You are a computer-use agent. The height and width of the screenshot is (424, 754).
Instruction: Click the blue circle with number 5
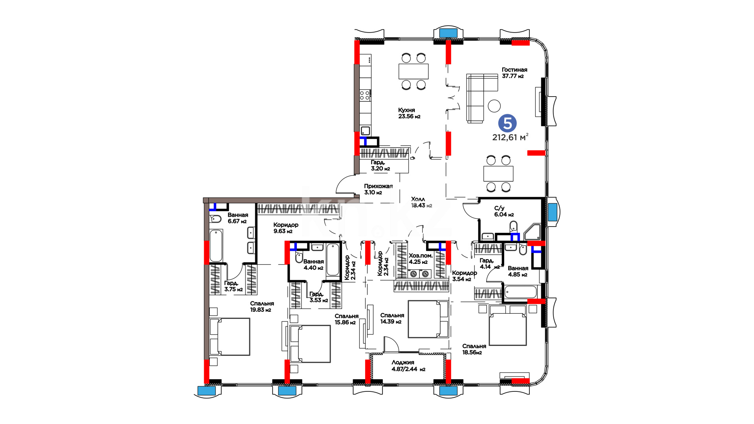(507, 123)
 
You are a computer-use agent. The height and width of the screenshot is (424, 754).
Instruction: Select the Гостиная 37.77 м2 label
(514, 73)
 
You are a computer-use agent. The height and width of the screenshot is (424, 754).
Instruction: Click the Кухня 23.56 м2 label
(409, 113)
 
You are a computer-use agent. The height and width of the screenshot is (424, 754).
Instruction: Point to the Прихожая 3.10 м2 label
(378, 189)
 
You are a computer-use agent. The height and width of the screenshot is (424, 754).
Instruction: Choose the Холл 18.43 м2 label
(421, 202)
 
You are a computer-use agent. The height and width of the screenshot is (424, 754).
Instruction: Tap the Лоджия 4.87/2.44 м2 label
(408, 366)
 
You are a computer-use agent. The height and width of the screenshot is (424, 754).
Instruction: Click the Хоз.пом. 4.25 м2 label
(421, 259)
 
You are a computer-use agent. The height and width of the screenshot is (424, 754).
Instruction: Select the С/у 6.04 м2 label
(504, 212)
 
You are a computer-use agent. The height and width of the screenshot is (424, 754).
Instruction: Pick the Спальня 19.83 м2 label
(262, 307)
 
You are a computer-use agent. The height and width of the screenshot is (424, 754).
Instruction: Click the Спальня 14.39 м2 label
(392, 318)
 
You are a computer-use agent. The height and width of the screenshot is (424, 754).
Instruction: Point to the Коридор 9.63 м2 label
(286, 228)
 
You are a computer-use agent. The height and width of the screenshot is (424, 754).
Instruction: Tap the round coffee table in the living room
(494, 106)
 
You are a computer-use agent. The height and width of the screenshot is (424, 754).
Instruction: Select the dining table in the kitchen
(414, 71)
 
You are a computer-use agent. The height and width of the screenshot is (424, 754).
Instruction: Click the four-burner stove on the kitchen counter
(365, 95)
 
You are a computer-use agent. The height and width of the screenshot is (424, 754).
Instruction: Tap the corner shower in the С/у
(533, 232)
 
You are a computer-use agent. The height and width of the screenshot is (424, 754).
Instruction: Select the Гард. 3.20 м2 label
(380, 165)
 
